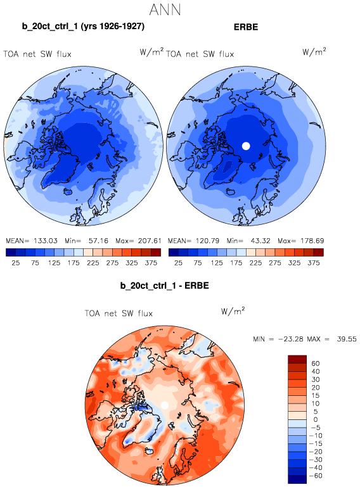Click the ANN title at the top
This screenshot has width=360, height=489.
click(x=165, y=10)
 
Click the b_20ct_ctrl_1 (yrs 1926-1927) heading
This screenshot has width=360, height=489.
click(x=83, y=26)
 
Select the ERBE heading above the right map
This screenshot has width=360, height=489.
click(x=246, y=27)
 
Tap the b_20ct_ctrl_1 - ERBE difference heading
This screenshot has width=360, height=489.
click(x=164, y=286)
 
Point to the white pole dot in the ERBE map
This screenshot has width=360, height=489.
click(x=246, y=146)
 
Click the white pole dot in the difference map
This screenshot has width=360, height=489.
click(x=165, y=405)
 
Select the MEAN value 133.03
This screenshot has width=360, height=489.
click(x=46, y=241)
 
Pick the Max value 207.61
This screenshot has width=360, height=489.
click(x=150, y=241)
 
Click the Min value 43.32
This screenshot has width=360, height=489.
click(x=260, y=241)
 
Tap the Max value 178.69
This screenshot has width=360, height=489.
click(x=312, y=241)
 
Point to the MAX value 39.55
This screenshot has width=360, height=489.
click(x=347, y=339)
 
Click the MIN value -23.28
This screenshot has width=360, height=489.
click(x=291, y=339)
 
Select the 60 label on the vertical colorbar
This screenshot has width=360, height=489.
click(x=316, y=364)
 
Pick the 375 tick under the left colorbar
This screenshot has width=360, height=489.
click(x=151, y=263)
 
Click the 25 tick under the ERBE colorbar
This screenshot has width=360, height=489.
click(x=178, y=263)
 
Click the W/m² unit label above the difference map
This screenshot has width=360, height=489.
click(x=233, y=311)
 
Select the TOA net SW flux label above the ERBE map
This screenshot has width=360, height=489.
click(x=200, y=54)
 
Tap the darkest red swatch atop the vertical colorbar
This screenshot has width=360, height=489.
click(x=297, y=359)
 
